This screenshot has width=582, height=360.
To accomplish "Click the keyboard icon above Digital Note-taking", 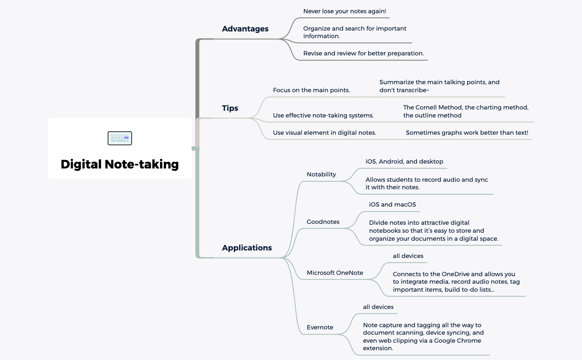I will click(120, 138).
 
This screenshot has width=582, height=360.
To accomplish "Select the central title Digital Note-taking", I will click(120, 164).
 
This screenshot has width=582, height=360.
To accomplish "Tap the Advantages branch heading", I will click(245, 29).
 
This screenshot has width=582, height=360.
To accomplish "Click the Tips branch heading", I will click(230, 108).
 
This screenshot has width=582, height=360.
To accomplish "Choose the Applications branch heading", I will click(247, 248).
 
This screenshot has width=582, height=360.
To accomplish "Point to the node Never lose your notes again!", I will click(345, 11).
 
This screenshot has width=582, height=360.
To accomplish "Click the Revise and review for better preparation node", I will click(363, 53).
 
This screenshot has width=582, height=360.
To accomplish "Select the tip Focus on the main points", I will click(311, 90).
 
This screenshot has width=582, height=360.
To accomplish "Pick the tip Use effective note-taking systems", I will click(323, 115).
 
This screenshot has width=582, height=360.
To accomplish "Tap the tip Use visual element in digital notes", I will click(324, 133).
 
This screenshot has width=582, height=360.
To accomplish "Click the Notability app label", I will click(321, 174).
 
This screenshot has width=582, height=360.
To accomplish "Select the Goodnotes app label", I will click(323, 222).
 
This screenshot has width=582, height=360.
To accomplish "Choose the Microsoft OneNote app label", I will click(335, 273).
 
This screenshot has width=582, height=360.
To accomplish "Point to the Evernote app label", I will click(320, 327).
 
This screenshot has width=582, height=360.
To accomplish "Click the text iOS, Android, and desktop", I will click(404, 161).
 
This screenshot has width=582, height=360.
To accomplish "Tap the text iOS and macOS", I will click(392, 204).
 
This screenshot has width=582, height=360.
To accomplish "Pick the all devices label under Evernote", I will click(378, 307).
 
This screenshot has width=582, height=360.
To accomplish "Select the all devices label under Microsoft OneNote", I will click(408, 256).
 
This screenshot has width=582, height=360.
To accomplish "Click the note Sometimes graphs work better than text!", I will click(467, 133).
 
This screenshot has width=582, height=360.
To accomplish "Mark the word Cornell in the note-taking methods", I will click(429, 107).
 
